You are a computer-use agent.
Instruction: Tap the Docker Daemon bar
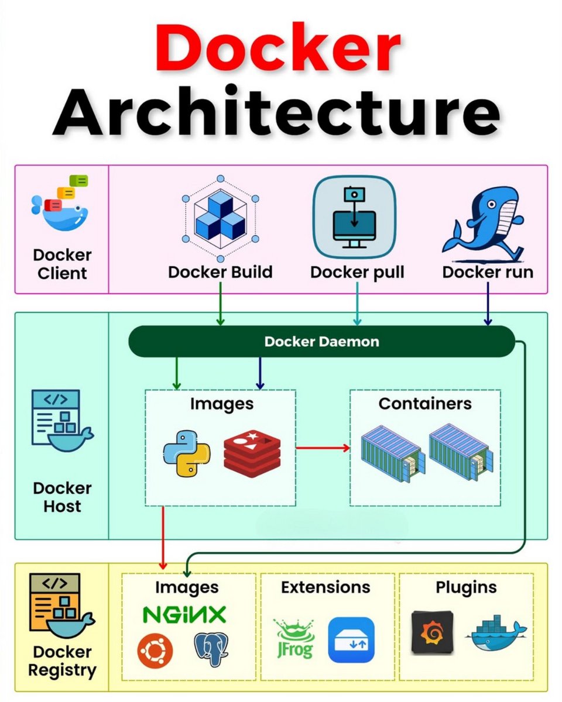321,342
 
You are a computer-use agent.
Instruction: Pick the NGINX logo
184,615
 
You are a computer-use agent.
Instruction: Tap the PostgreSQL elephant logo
211,649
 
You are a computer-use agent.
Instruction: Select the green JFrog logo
294,639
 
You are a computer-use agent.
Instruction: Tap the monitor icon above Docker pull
354,218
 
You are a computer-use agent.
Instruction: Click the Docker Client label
62,264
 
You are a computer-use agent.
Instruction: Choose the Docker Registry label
62,661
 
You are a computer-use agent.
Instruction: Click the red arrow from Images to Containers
323,448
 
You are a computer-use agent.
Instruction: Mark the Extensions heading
325,587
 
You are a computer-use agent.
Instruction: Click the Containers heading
425,404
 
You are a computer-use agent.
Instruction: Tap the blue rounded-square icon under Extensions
351,640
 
